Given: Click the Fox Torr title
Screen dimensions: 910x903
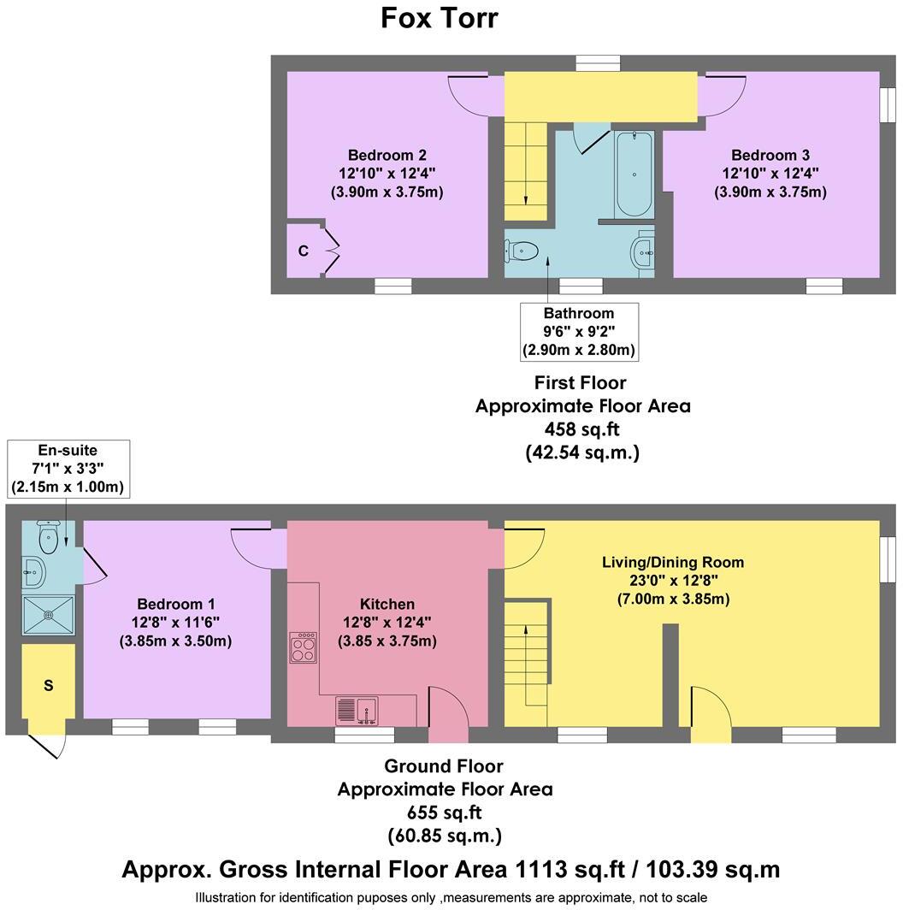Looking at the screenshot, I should [439, 18].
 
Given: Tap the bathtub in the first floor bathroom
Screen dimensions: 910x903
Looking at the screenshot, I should [634, 174].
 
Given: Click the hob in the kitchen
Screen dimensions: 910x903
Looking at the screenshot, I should [304, 647].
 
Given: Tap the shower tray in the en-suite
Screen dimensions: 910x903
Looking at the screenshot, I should [48, 613].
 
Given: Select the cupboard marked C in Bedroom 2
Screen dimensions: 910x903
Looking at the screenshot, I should [304, 251].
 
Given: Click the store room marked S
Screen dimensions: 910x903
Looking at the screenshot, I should [48, 686].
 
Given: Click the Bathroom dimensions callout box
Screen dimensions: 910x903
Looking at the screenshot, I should [579, 331].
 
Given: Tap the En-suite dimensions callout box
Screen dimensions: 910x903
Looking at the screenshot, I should [68, 469].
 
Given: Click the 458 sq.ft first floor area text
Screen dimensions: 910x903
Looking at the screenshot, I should [582, 429].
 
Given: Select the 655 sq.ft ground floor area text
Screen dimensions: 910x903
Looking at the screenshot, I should [444, 812].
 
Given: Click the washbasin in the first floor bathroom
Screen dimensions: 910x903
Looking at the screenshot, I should [643, 252].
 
